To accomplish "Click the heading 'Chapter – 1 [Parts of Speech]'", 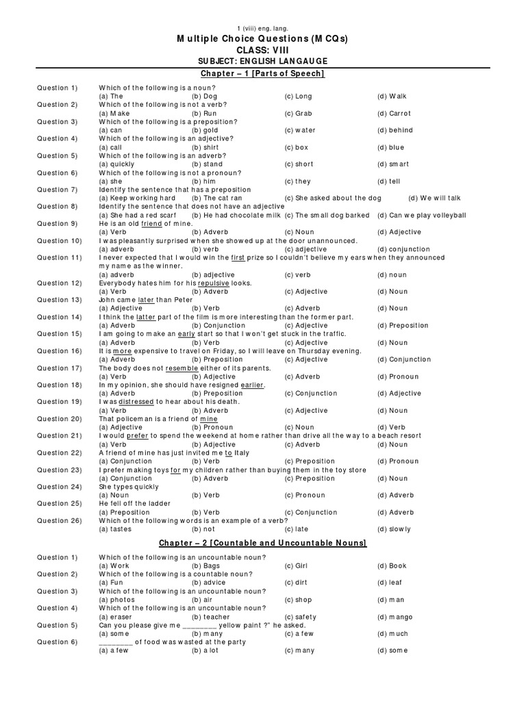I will tap(262, 73).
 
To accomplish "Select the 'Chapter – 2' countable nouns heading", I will tap(262, 543).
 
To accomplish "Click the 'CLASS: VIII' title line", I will tap(262, 51).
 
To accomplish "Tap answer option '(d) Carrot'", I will tap(394, 114).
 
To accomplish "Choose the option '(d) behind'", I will tap(394, 130).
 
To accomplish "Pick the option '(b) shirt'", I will tap(205, 147).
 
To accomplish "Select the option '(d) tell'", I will tap(390, 181).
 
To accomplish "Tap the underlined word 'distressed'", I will tap(138, 402).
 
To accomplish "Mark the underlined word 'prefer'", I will tap(135, 436).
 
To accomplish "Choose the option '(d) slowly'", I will tap(394, 529).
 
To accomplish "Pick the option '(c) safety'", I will tap(301, 617).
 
